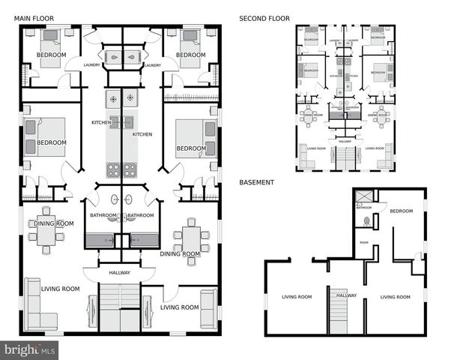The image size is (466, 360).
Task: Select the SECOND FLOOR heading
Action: click(264, 18)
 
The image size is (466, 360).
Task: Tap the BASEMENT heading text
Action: click(256, 182)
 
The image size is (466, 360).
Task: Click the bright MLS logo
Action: click(30, 349)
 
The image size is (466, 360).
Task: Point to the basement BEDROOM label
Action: click(401, 211)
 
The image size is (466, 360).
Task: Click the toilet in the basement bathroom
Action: click(366, 221)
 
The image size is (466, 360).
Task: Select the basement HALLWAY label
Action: click(346, 295)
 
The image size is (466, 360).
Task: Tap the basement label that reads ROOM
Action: click(363, 242)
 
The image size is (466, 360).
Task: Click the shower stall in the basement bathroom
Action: click(364, 197)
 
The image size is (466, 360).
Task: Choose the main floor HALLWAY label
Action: click(120, 273)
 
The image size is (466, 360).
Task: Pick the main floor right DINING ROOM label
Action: click(181, 253)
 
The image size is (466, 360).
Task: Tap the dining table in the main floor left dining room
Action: click(46, 235)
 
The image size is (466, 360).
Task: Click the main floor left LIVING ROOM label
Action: click(61, 289)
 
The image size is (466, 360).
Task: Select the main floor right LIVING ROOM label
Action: click(180, 307)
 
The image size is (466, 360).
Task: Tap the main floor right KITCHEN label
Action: click(142, 134)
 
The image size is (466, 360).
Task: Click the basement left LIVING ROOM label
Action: click(297, 297)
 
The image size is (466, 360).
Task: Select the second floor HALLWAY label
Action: click(345, 141)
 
